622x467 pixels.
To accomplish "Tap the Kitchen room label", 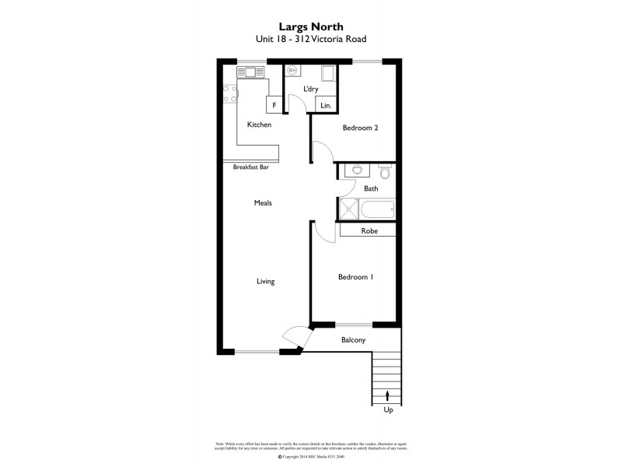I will click(259, 125).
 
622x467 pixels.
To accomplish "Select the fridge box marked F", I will click(274, 105).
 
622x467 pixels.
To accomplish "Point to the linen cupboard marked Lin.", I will click(326, 105).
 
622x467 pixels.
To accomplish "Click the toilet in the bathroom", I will click(384, 170).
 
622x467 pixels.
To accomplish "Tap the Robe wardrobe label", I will click(369, 230).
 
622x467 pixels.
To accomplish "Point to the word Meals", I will click(262, 203).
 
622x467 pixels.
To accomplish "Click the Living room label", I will click(265, 281).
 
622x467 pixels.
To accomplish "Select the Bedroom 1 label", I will click(355, 276).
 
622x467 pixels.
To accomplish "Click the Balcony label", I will click(353, 340).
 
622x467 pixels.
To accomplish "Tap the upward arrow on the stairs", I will click(387, 395).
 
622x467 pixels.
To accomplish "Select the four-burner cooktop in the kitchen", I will click(229, 94).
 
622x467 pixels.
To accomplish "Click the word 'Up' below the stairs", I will click(388, 409).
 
